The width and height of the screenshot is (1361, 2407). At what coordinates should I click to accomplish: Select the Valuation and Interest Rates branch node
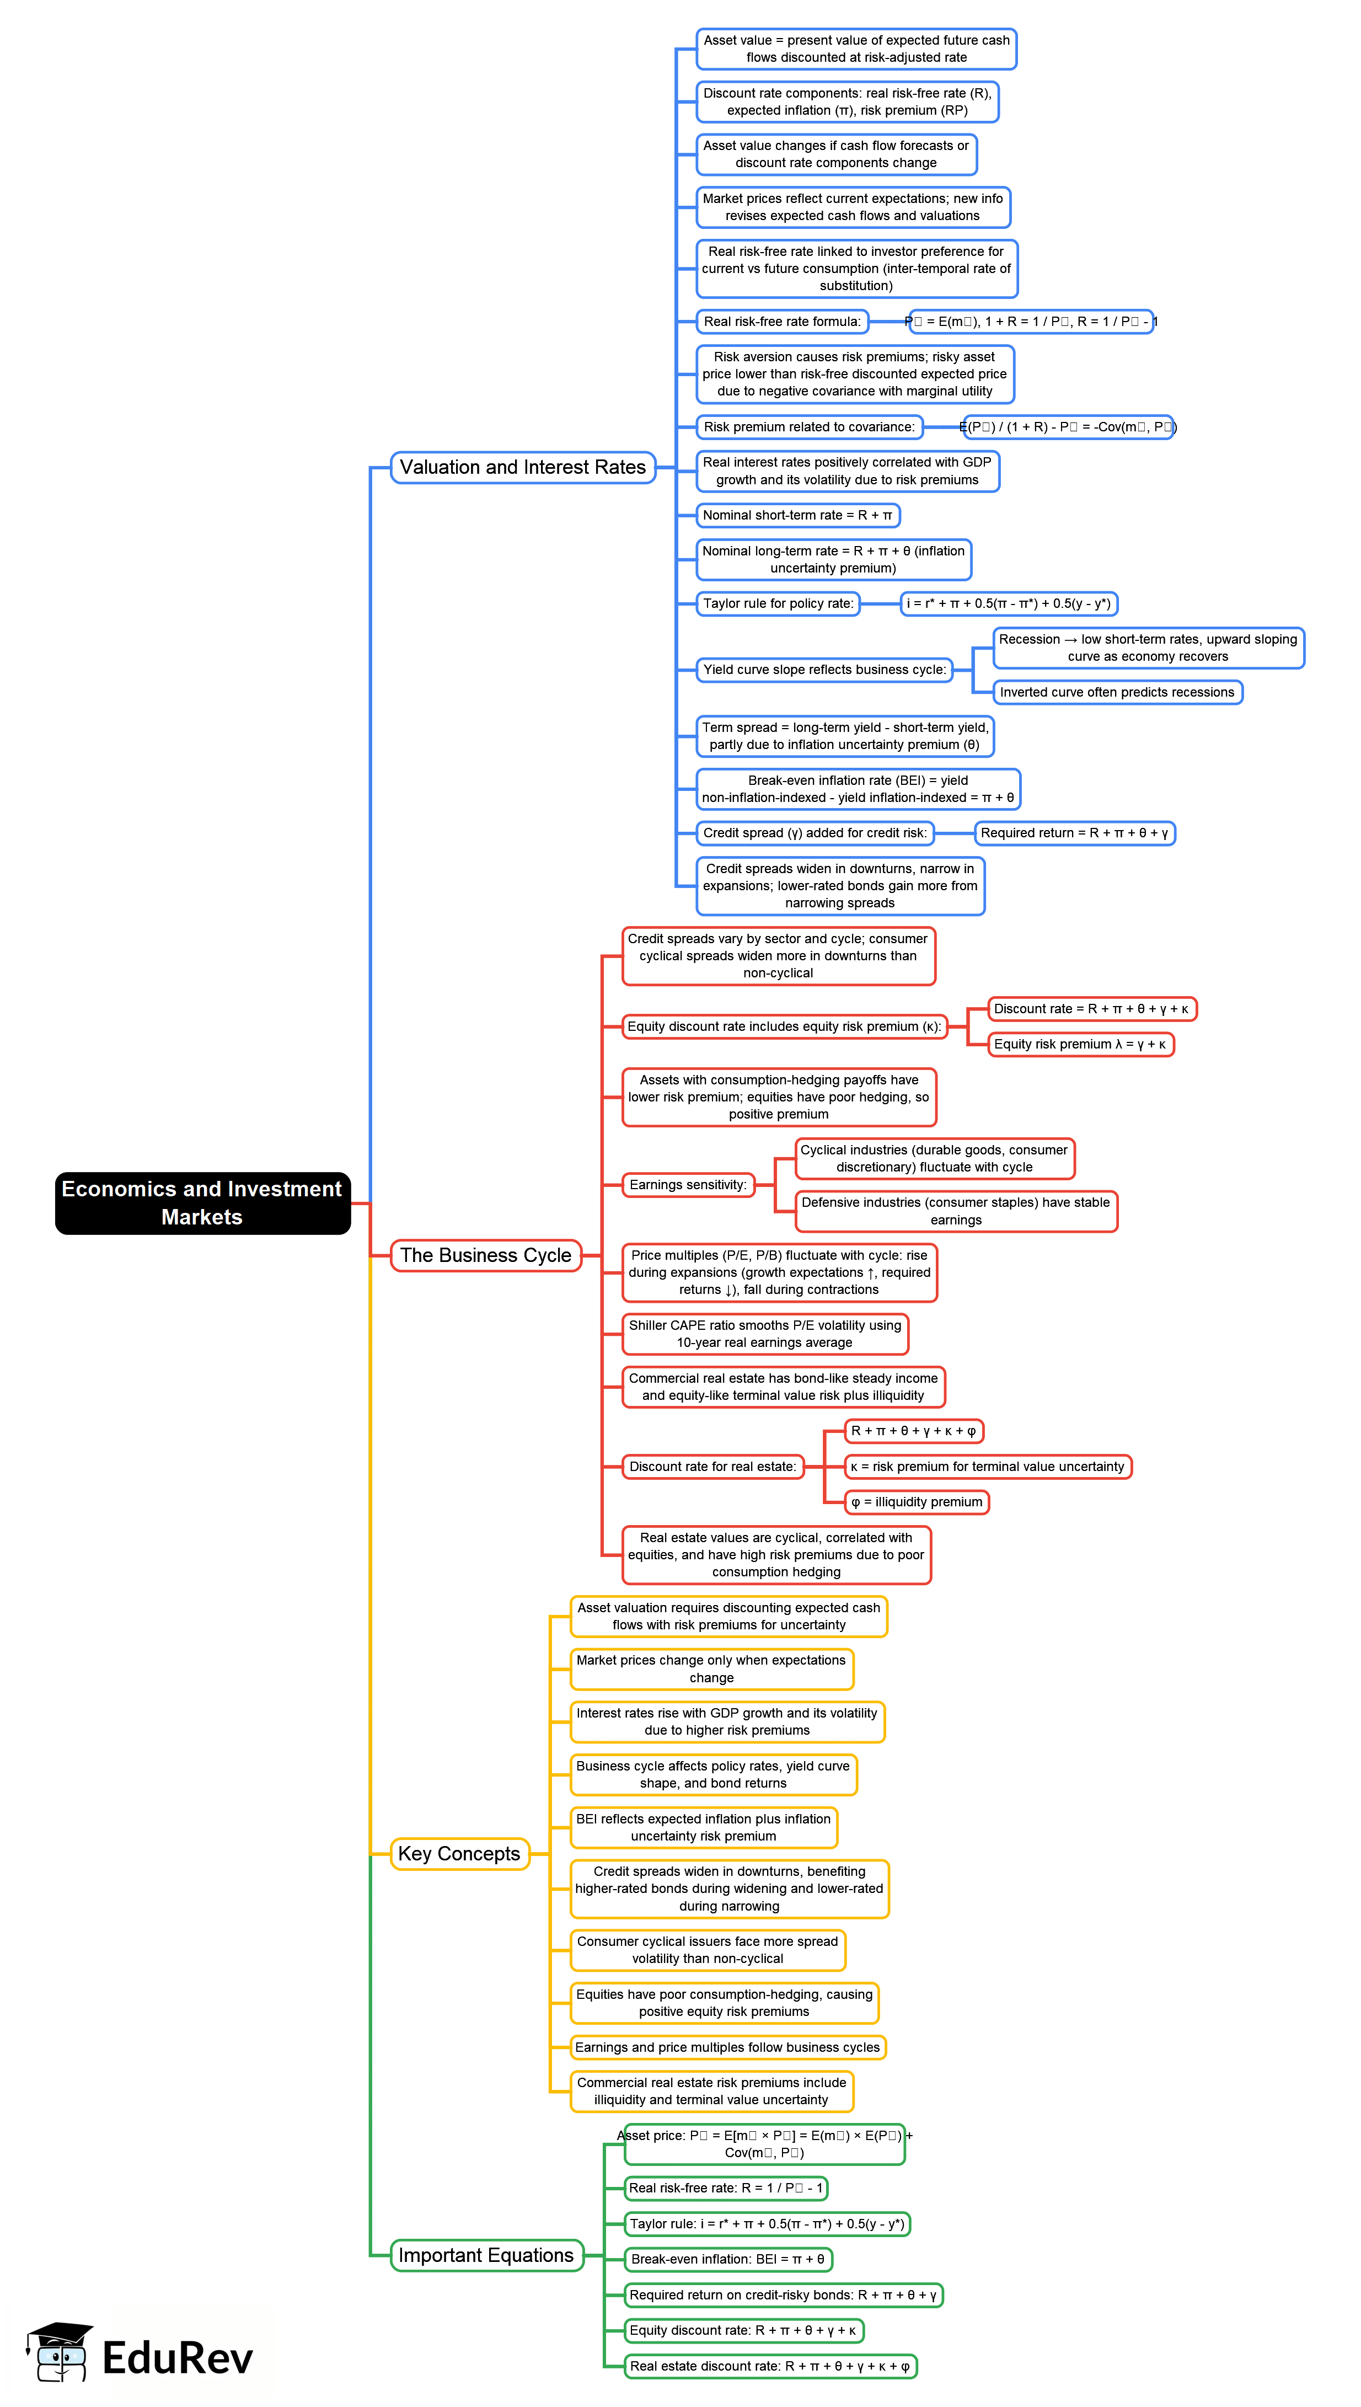pos(523,467)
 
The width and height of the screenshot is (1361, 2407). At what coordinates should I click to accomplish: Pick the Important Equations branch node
pos(486,2255)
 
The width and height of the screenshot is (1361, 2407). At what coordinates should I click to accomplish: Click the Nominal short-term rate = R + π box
pos(797,515)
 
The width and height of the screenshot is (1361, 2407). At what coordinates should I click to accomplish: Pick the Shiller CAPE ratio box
pos(765,1333)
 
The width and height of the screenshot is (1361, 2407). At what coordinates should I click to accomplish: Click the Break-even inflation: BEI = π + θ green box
pos(727,2259)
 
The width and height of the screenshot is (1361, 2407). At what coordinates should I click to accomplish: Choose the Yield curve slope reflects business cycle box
pos(823,669)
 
